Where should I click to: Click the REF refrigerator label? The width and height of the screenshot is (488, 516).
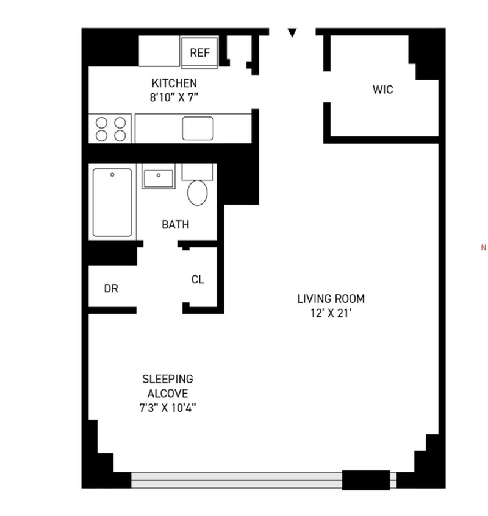199,52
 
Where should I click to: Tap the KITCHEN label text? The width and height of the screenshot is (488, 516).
174,83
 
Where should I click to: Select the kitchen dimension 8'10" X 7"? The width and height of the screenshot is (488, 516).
174,97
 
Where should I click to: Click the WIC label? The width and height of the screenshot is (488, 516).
382,90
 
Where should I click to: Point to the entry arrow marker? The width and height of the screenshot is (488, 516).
292,32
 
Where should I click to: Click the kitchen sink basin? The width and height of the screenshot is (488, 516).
198,129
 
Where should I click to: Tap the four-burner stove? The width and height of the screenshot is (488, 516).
110,129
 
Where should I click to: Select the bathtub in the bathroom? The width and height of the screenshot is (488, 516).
112,202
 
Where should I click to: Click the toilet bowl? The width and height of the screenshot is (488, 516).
198,193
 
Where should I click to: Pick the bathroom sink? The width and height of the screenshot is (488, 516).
159,178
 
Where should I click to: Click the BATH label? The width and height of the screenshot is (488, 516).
175,225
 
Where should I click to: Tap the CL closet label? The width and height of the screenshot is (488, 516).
198,280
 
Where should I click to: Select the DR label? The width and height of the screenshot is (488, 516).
111,289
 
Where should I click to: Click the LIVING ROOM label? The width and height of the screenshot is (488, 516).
331,299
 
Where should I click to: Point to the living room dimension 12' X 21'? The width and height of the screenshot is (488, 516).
331,313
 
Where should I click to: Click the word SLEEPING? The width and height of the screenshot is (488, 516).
168,379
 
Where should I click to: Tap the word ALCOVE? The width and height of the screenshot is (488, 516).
168,394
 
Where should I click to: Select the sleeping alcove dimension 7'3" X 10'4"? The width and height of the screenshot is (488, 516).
168,408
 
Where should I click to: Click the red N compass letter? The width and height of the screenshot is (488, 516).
483,248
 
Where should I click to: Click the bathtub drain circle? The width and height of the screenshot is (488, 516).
112,175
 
